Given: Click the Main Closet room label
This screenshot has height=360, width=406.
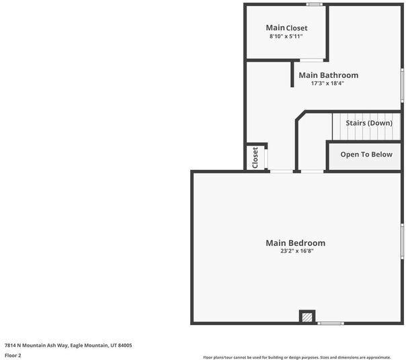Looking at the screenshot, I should point(286,28).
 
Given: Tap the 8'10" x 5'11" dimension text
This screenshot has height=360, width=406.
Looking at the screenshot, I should point(286,36).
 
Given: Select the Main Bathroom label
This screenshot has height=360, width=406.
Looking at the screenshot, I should point(328,75).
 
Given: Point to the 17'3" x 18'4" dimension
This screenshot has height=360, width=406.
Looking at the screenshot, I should point(327,84).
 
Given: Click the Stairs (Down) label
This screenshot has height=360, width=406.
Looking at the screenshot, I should point(369,124).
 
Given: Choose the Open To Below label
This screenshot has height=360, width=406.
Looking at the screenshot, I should point(366,154).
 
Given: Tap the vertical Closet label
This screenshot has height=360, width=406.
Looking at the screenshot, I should point(255,157).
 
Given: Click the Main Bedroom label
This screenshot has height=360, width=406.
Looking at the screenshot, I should point(295,242).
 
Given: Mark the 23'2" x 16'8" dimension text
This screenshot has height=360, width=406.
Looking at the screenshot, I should point(297,251).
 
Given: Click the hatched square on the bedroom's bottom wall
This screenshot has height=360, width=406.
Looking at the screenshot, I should point(307,316).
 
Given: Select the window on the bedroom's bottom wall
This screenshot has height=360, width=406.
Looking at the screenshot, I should point(331,323).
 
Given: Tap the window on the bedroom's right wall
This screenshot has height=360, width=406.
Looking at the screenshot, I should point(402,245).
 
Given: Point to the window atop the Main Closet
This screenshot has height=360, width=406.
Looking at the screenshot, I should point(313,5).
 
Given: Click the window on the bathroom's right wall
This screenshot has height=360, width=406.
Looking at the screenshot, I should point(402,85).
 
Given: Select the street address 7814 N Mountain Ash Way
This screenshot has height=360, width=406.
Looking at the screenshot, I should point(36,345).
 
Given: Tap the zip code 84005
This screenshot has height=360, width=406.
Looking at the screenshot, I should point(124,345).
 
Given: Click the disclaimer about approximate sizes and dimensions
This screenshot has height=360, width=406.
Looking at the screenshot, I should point(296,357).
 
